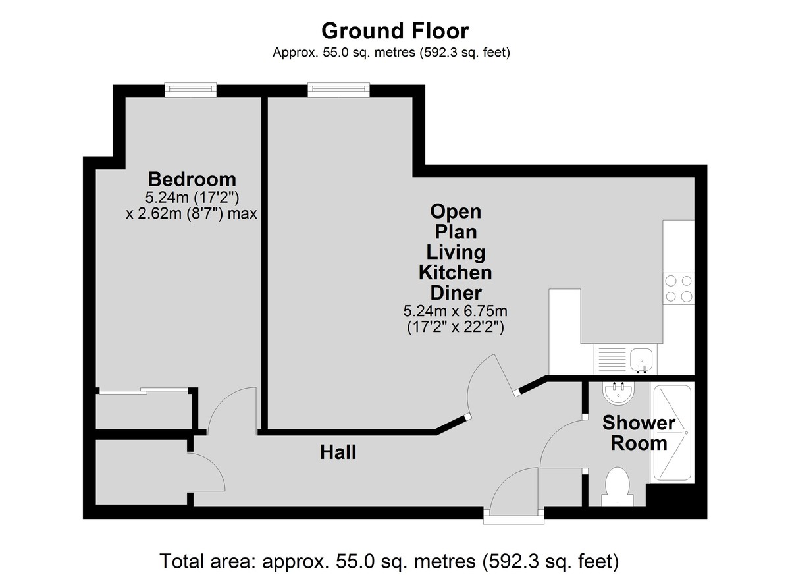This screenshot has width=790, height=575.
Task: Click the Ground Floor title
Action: pyautogui.click(x=395, y=31)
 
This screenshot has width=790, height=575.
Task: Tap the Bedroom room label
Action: pyautogui.click(x=192, y=179)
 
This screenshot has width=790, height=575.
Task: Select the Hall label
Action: pyautogui.click(x=338, y=452)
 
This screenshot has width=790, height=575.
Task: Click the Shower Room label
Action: pyautogui.click(x=639, y=433)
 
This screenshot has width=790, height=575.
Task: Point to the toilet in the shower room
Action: pyautogui.click(x=618, y=487)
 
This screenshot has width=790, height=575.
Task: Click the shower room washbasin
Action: pyautogui.click(x=619, y=393)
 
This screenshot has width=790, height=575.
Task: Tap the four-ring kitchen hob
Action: pyautogui.click(x=678, y=289)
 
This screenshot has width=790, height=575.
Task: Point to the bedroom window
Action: pyautogui.click(x=190, y=90)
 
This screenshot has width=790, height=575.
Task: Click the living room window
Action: pyautogui.click(x=338, y=90)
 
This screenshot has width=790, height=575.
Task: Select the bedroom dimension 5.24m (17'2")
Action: pyautogui.click(x=192, y=198)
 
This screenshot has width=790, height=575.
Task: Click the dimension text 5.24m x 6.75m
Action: pyautogui.click(x=456, y=311)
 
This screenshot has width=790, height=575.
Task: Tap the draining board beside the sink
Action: pyautogui.click(x=612, y=360)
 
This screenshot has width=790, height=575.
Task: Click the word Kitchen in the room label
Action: pyautogui.click(x=456, y=273)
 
